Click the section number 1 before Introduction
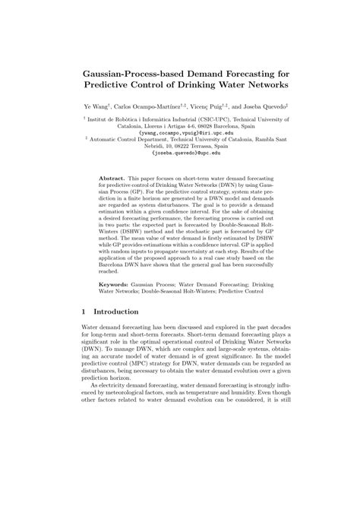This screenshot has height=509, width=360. [x=82, y=311]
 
